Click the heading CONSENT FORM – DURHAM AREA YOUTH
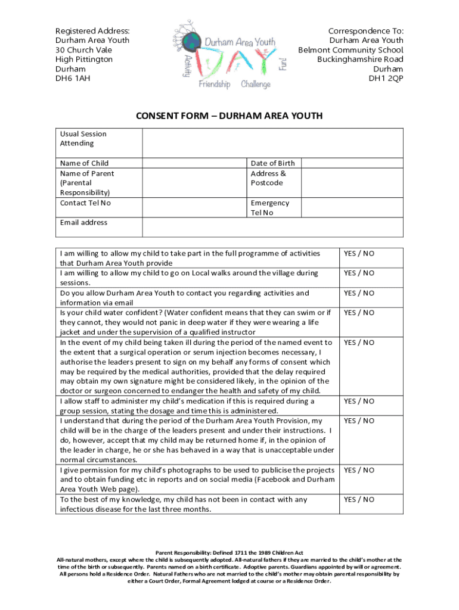[x=229, y=116]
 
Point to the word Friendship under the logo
[x=215, y=85]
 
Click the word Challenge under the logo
[x=256, y=85]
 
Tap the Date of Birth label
[x=272, y=163]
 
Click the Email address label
[x=84, y=222]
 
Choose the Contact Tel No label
[x=85, y=203]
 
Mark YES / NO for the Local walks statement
[x=359, y=273]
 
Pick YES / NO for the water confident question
[x=359, y=313]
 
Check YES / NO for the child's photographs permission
[x=359, y=470]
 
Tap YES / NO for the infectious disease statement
[x=359, y=500]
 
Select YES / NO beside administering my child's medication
[x=359, y=402]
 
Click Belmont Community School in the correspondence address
[x=351, y=50]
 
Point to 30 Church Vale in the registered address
[x=83, y=50]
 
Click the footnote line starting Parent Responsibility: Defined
[x=229, y=553]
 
